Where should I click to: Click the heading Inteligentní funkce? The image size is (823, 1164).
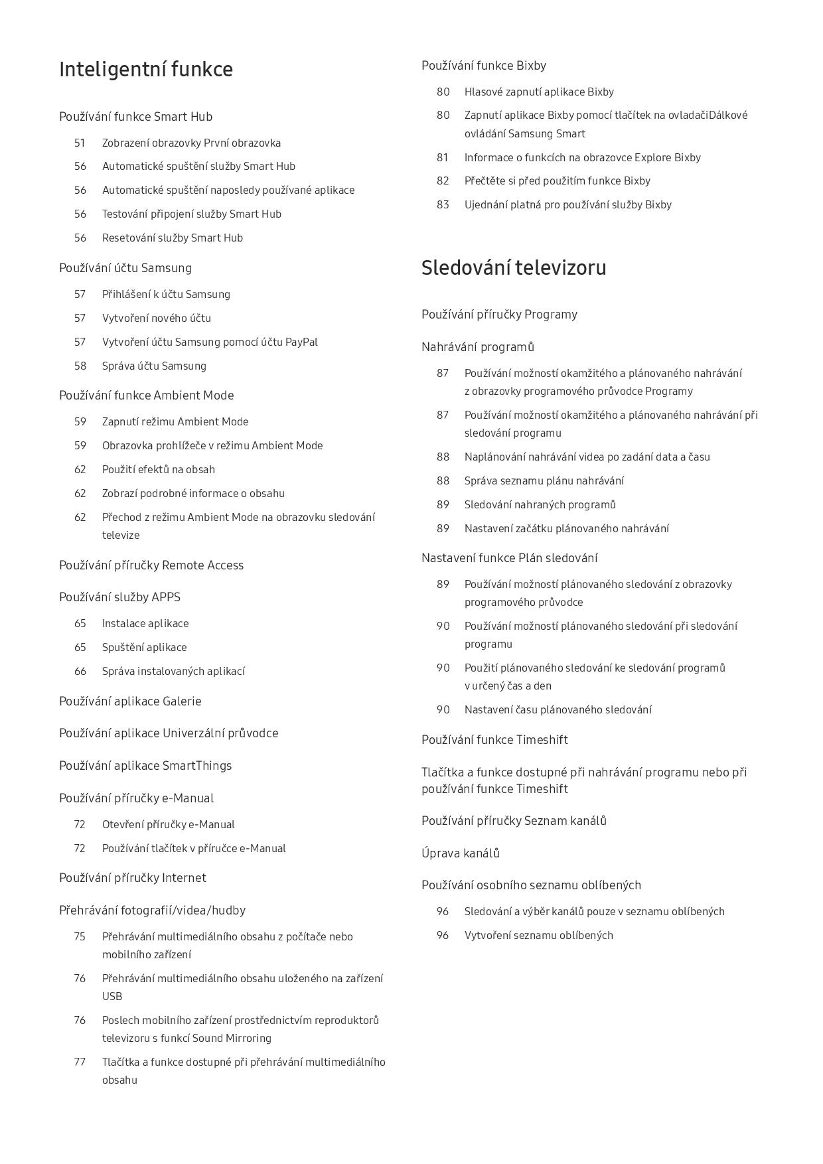pos(146,70)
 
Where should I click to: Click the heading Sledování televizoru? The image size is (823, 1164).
pos(514,268)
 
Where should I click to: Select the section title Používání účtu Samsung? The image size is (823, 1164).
pos(125,268)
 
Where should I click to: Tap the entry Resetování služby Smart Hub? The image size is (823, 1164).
pos(173,238)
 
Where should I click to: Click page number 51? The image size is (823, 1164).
pos(80,143)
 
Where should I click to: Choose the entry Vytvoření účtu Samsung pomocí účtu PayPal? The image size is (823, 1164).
pos(210,342)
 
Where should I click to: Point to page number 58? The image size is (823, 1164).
pos(80,366)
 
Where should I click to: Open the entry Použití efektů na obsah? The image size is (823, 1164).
pos(159,469)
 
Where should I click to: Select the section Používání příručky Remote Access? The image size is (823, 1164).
pos(151,565)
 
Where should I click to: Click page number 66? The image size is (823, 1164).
pos(80,671)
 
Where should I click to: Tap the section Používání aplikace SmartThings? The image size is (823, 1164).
pos(145,766)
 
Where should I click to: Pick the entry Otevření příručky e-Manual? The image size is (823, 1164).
pos(169,824)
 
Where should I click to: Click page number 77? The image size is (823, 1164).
pos(80,1062)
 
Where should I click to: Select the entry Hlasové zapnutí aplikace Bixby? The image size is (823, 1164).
pos(539,92)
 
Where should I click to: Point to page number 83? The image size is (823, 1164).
pos(443,204)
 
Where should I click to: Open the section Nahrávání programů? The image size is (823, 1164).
pos(478,347)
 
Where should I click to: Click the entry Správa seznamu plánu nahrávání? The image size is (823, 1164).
pos(544,480)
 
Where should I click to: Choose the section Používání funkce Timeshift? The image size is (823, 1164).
pos(494,740)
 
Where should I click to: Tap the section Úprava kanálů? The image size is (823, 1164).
pos(461,853)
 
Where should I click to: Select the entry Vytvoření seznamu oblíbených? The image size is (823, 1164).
pos(539,935)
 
